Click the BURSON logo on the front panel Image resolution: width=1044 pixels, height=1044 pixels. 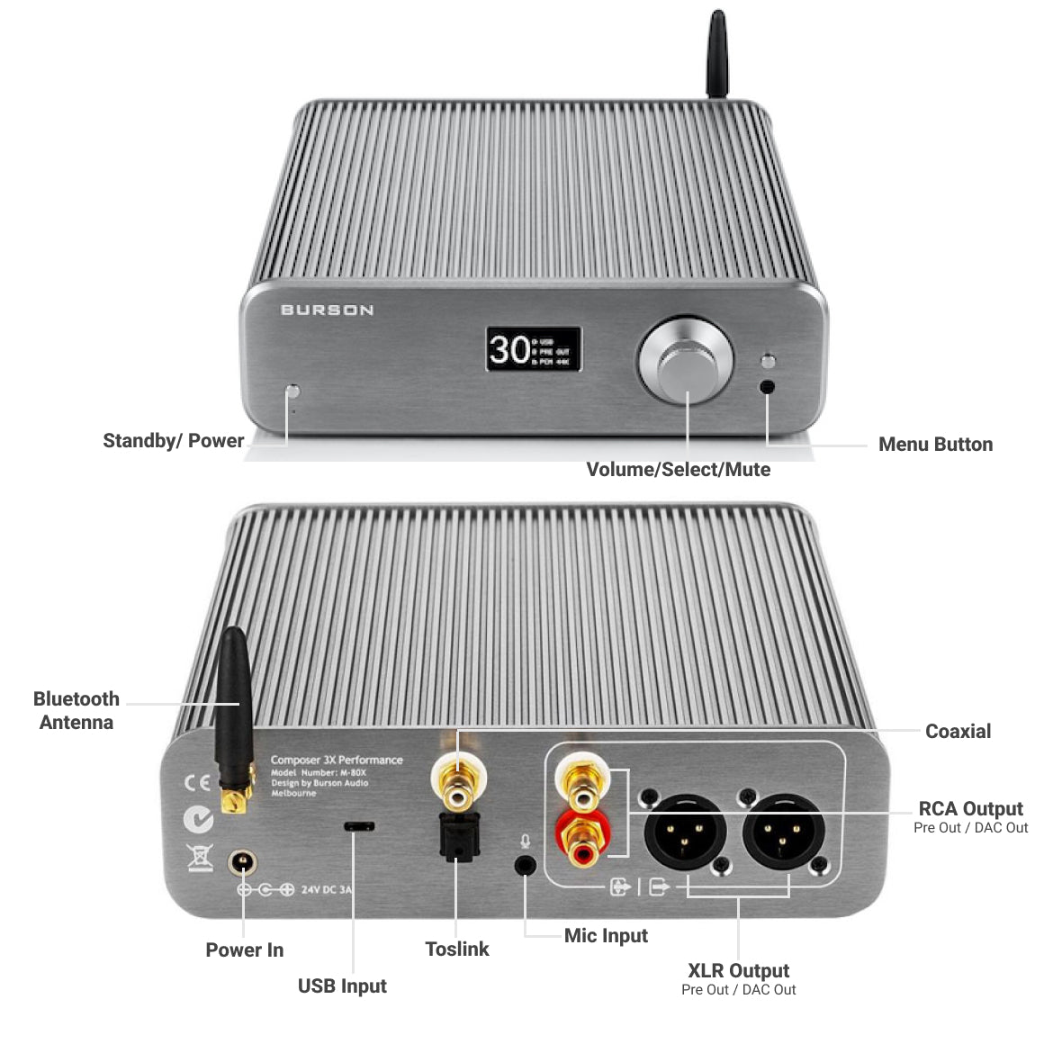coord(327,310)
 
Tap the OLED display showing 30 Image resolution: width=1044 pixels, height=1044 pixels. coord(533,348)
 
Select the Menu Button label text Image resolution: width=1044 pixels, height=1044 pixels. coord(935,445)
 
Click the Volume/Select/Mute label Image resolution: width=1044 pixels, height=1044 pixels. coord(678,470)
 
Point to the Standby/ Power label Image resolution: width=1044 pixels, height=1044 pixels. coord(173,441)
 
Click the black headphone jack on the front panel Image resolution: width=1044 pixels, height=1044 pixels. coord(768,387)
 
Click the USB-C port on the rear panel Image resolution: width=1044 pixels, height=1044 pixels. coord(359,826)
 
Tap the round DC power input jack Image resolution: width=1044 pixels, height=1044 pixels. coord(241,862)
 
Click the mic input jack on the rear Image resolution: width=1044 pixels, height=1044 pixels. coord(525,865)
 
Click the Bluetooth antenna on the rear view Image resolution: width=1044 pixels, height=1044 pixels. coord(233,711)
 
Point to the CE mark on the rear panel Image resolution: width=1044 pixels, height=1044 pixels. coord(197,782)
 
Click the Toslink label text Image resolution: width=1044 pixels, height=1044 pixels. coord(457,949)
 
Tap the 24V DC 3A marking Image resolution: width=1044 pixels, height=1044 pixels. coord(326,890)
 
